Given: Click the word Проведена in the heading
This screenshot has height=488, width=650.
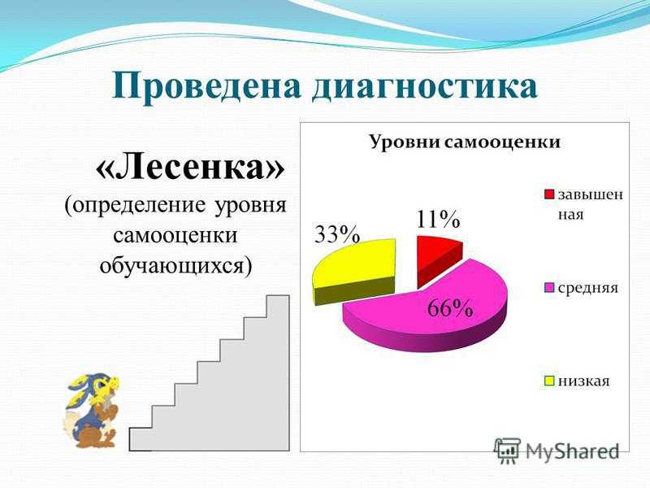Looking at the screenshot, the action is coord(206,86).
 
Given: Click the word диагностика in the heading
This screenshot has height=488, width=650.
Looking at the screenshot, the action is coord(425,87).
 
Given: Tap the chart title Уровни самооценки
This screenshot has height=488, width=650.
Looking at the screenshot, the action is coord(465,142).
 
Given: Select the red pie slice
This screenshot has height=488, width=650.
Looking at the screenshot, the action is coord(437,258).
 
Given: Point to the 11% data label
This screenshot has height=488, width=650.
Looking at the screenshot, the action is coord(438,219).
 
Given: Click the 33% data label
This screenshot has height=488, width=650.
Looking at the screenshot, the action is coord(337,235).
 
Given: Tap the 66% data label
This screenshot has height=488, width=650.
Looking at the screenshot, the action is coord(450,307).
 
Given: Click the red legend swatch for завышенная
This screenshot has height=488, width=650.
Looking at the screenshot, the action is coord(549,194).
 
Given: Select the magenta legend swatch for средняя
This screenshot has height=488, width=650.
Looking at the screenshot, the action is coord(549,288).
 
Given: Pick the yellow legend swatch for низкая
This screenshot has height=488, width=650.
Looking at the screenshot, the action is coord(549,381).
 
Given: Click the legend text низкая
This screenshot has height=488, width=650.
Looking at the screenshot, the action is coord(583,381).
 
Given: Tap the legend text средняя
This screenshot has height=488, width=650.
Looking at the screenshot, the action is coord(587,288).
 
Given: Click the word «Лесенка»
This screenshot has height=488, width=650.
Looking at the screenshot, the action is coord(191,168).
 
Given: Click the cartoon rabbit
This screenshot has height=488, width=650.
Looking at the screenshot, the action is coord(92,410).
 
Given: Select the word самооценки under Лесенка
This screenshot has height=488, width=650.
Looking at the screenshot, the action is coord(175,235).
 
